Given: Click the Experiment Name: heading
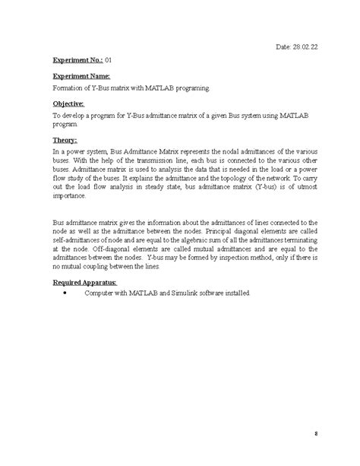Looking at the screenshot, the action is tap(81, 77).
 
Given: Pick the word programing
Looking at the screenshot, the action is tap(186, 89).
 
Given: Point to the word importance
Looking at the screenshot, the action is tap(70, 194).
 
